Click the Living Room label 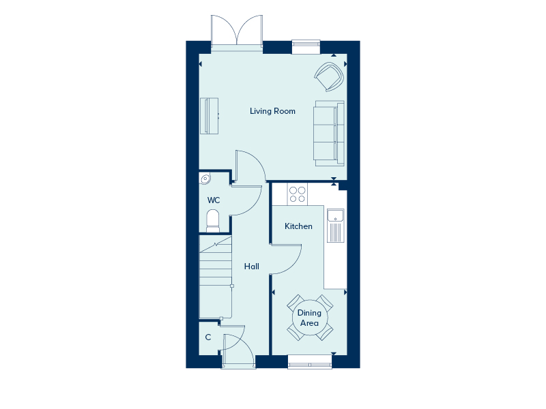click(272, 110)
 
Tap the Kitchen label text click(298, 226)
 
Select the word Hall click(252, 266)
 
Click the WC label click(214, 200)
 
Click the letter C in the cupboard click(208, 337)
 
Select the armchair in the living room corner click(329, 76)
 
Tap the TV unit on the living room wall click(209, 116)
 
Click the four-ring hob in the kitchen click(297, 194)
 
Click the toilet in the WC click(213, 220)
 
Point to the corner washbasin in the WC click(205, 179)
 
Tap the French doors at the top click(236, 32)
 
